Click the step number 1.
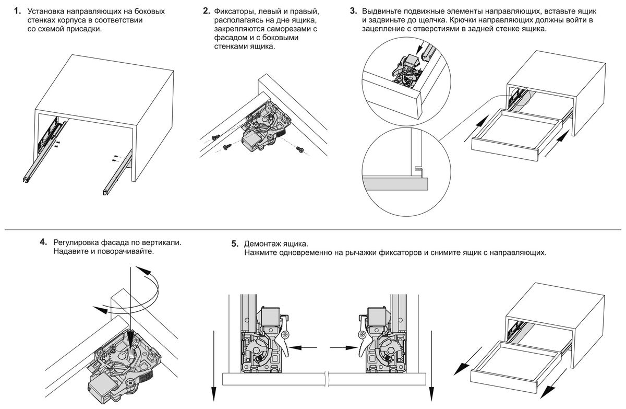click(17, 10)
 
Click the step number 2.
click(206, 10)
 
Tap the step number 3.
click(353, 10)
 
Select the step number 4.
click(43, 243)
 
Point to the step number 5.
click(235, 244)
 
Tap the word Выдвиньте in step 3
click(381, 11)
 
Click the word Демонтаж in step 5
click(262, 244)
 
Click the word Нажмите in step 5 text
click(261, 253)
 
